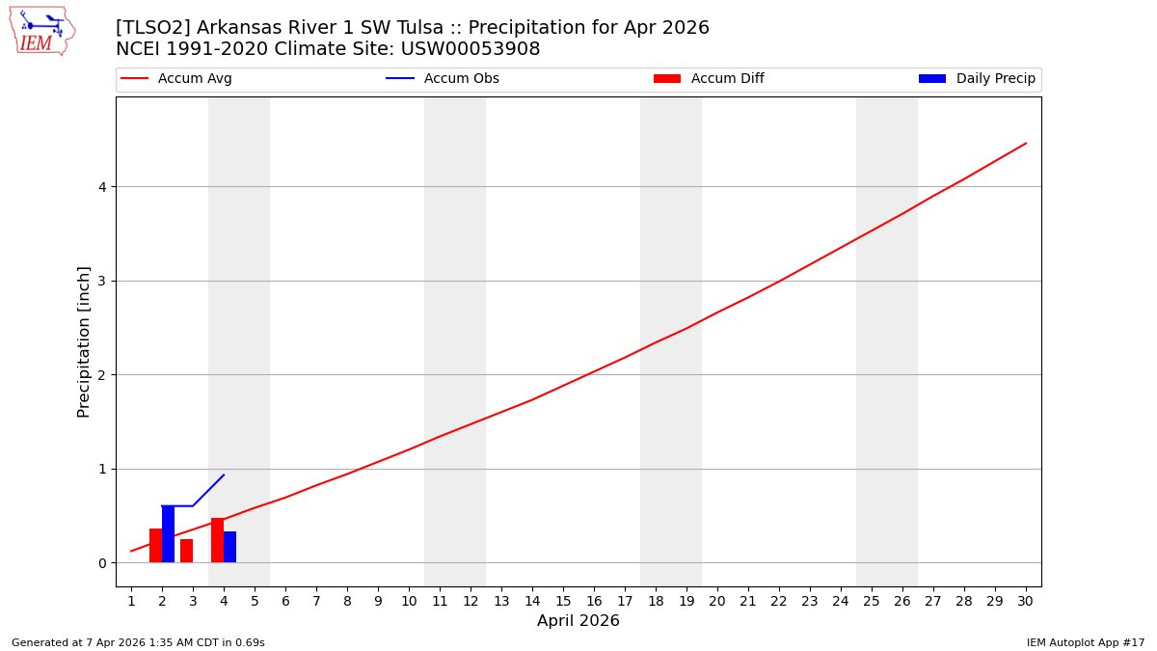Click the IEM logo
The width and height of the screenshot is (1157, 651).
point(41,31)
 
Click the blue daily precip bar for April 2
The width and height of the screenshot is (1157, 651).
point(168,534)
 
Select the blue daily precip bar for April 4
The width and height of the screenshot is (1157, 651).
point(229,547)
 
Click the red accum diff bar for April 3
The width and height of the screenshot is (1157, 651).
point(187,551)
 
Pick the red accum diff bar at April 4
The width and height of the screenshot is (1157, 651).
point(217,540)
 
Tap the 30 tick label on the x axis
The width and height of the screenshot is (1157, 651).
point(1025,601)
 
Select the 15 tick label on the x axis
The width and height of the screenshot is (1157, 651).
point(563,601)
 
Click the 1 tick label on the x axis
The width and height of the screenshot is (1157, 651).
point(131,601)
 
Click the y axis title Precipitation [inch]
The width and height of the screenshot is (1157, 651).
point(84,341)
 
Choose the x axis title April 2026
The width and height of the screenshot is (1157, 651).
point(578,621)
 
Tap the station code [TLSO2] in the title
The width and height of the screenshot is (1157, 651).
point(146,28)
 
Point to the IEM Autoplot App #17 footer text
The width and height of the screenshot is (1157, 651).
point(1085,642)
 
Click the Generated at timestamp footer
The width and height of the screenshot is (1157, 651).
point(138,642)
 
